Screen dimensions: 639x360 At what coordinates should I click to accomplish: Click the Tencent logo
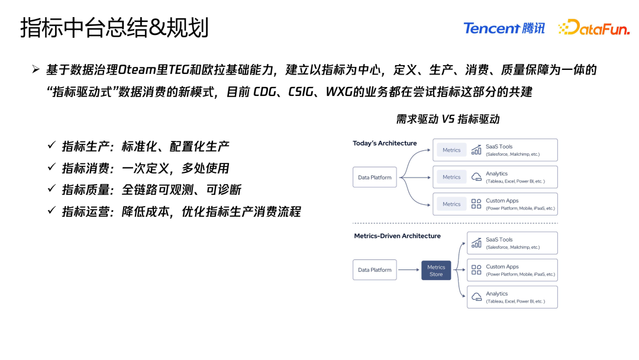tap(504, 28)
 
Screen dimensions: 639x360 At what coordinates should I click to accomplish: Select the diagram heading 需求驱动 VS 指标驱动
tap(448, 119)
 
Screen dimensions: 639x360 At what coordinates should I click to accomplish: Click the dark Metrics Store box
tap(436, 271)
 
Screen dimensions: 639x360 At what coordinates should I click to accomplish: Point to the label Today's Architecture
tap(385, 143)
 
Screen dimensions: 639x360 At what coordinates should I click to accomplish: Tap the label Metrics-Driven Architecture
tap(397, 236)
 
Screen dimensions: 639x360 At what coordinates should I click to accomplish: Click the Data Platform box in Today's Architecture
tap(375, 177)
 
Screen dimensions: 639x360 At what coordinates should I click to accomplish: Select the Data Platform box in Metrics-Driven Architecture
tap(375, 270)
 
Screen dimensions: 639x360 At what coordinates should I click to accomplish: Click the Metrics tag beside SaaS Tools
tap(451, 150)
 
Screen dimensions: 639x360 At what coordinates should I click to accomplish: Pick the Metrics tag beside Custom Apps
tap(451, 204)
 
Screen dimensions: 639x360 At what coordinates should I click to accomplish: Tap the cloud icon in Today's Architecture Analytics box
tap(476, 177)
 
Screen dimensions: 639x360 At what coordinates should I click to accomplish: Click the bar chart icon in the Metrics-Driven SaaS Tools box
tap(476, 243)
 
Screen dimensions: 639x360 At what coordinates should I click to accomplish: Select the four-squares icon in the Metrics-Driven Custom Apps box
tap(476, 270)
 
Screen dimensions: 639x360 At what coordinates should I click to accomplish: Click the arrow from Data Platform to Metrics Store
tap(409, 270)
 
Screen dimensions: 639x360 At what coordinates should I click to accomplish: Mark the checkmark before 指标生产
tap(51, 146)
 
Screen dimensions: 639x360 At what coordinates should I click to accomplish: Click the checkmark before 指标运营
tap(51, 211)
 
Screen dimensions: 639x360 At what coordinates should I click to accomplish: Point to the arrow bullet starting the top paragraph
tap(36, 70)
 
